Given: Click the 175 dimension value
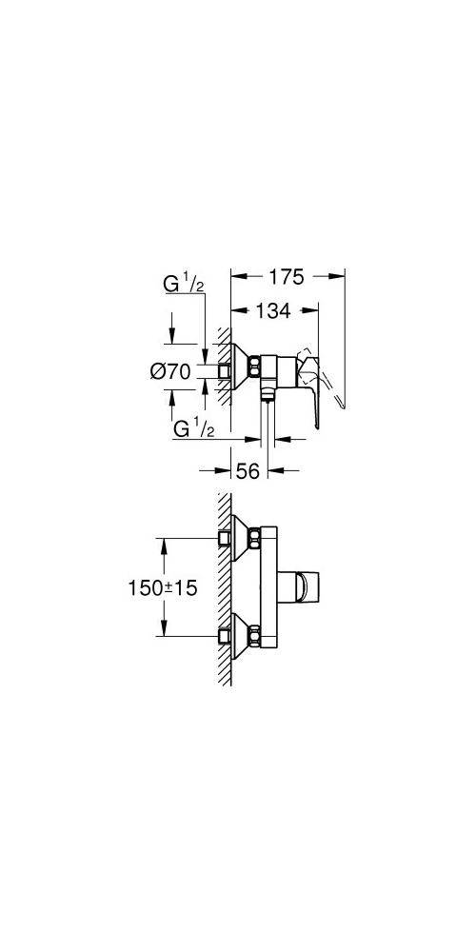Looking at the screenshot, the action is [x=287, y=277].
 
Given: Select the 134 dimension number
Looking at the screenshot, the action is [x=273, y=310].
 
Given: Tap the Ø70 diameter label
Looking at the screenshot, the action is [x=170, y=371].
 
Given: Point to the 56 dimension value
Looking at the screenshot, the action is [x=248, y=470].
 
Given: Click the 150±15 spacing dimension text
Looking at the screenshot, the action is [x=163, y=587].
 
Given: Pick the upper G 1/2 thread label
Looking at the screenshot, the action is [x=184, y=284].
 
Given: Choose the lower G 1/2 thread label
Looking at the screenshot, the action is [x=193, y=428].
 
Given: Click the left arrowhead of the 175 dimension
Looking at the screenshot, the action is [x=239, y=276].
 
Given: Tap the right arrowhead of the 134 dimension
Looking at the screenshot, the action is [x=311, y=310].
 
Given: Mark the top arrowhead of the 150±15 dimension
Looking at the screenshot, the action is [x=164, y=547].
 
